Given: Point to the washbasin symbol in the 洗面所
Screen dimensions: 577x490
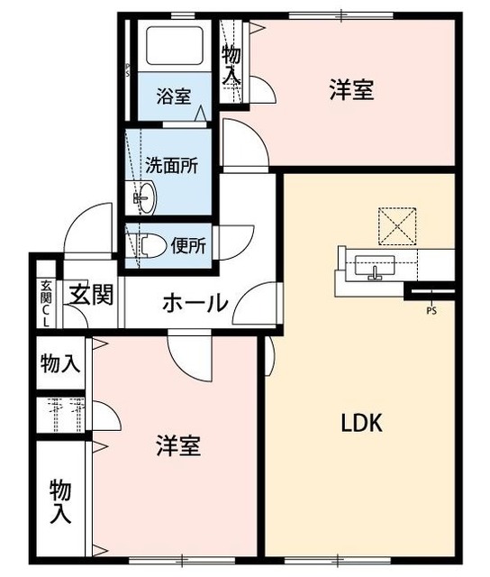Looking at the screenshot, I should (x=143, y=196).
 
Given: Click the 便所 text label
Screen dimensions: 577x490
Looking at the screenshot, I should (x=189, y=243).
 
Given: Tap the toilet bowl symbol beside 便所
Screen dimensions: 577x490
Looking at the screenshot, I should (x=150, y=243).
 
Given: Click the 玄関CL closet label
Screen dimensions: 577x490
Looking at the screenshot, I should (x=45, y=302).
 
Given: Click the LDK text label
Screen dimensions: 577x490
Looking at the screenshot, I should (x=362, y=422).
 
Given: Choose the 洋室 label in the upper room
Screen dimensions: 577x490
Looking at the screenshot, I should (x=351, y=90).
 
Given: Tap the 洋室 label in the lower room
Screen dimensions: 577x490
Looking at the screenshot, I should (x=177, y=446).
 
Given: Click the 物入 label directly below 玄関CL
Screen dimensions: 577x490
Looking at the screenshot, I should (x=59, y=364).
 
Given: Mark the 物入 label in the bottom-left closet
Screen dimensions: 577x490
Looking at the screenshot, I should (x=59, y=502).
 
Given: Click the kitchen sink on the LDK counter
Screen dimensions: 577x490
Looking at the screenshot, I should (x=374, y=267).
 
